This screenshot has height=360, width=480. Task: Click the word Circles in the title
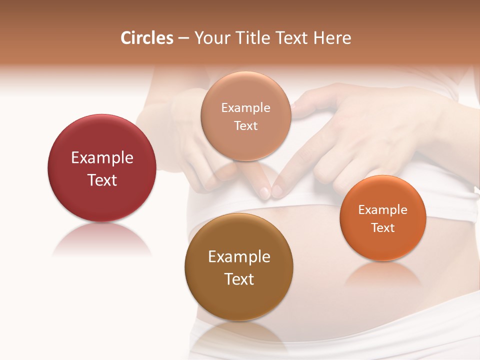pyautogui.click(x=147, y=38)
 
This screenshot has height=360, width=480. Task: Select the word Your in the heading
pyautogui.click(x=210, y=38)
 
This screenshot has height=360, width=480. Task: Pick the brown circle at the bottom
pyautogui.click(x=239, y=295)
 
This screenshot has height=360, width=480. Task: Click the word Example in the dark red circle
pyautogui.click(x=102, y=158)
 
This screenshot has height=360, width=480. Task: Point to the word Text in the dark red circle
pyautogui.click(x=102, y=180)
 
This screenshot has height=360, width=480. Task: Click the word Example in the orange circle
pyautogui.click(x=383, y=210)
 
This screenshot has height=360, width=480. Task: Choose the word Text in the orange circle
pyautogui.click(x=383, y=228)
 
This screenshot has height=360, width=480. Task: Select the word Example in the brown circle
pyautogui.click(x=239, y=257)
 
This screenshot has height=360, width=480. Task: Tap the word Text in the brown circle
pyautogui.click(x=239, y=279)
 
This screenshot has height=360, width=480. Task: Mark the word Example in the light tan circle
pyautogui.click(x=246, y=108)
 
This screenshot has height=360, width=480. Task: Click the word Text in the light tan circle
pyautogui.click(x=246, y=126)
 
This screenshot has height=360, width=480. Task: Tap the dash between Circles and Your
pyautogui.click(x=183, y=38)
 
